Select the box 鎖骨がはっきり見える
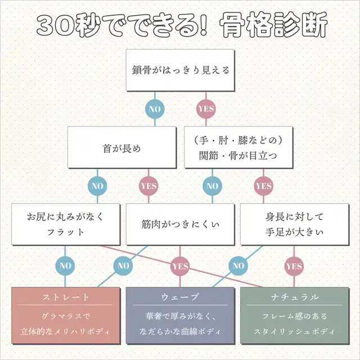click(x=179, y=71)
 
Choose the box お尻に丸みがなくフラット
click(x=66, y=224)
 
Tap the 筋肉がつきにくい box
click(x=179, y=224)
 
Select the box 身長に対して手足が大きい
click(x=294, y=224)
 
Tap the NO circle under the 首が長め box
click(x=96, y=186)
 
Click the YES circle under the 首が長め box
click(x=148, y=186)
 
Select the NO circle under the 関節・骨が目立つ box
click(x=211, y=186)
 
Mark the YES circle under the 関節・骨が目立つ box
click(x=263, y=186)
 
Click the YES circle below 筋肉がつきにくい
click(x=180, y=265)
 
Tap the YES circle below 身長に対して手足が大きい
click(x=294, y=265)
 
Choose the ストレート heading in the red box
click(x=66, y=296)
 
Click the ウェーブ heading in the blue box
click(x=179, y=296)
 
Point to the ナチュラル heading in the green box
click(x=294, y=296)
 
